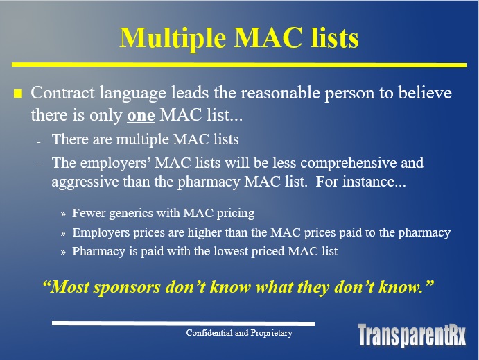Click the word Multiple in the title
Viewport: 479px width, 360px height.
[173, 39]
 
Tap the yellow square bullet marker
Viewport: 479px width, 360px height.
[18, 94]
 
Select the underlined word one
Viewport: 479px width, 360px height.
[141, 116]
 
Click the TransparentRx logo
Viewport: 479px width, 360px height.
[412, 334]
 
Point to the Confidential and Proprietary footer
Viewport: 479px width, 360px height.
[239, 332]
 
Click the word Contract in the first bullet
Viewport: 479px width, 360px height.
[62, 92]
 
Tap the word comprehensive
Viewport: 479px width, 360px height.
[348, 163]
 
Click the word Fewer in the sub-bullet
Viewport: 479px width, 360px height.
[88, 213]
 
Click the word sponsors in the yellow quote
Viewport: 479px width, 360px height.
[127, 288]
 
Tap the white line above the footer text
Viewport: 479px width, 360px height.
[183, 324]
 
